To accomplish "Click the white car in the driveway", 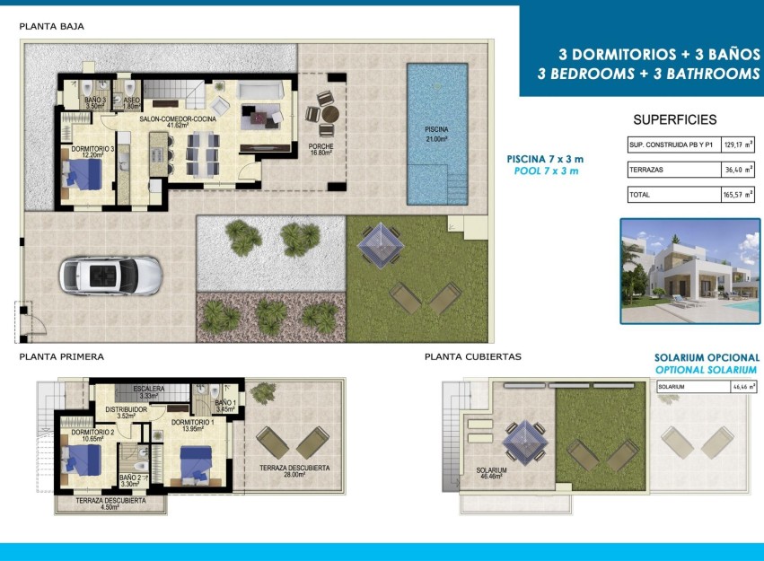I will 110,275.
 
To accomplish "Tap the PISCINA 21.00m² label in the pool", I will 436,134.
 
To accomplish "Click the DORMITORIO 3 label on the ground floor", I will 87,151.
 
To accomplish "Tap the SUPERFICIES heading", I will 674,119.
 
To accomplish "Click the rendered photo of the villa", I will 689,270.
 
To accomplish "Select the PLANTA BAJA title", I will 52,26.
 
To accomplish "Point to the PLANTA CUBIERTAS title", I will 473,356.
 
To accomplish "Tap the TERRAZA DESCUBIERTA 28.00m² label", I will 294,471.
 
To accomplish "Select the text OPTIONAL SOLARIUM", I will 706,370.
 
